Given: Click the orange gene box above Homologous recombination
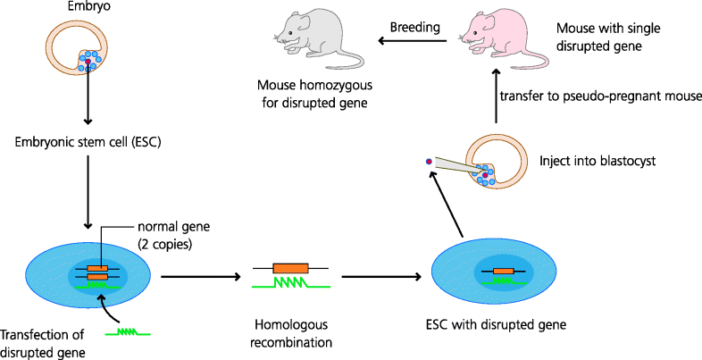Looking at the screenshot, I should tap(290, 267).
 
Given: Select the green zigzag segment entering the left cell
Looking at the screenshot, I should tap(128, 332).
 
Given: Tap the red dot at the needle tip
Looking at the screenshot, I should tap(430, 162).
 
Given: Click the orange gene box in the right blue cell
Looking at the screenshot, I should tap(503, 270).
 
